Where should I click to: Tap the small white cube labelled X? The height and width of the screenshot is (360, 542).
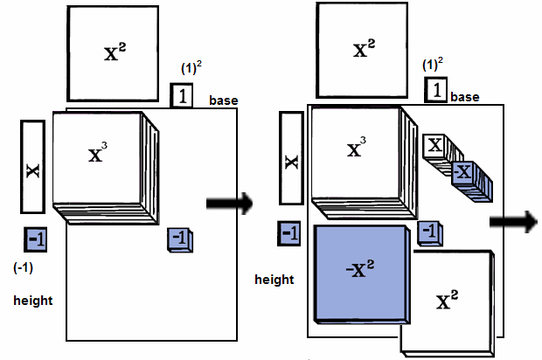434,145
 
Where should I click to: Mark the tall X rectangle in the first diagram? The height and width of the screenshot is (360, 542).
31,167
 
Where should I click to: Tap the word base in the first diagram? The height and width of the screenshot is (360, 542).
224,101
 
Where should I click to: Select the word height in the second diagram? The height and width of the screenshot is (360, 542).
274,280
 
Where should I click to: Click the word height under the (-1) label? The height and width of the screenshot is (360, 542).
33,301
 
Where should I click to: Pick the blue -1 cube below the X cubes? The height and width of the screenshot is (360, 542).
428,231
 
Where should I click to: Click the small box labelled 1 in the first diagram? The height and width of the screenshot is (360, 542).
182,95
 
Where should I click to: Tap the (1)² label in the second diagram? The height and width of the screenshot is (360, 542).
430,66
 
